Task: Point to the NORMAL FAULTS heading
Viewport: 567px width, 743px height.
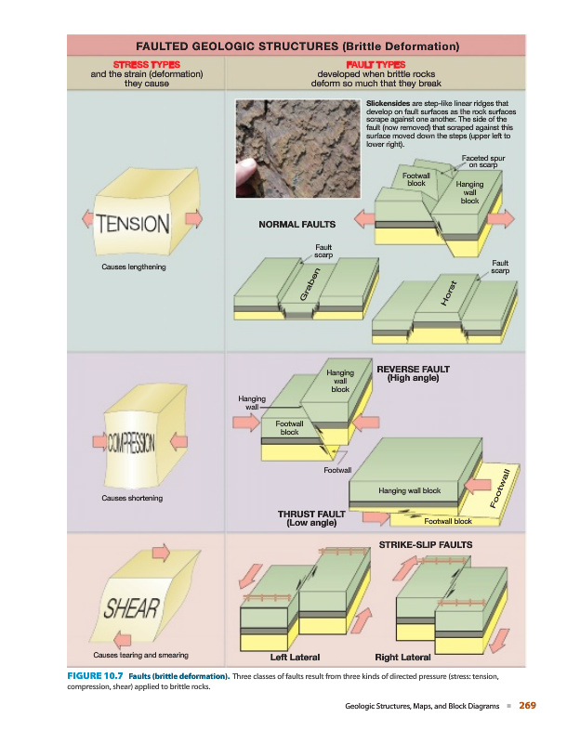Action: pyautogui.click(x=297, y=224)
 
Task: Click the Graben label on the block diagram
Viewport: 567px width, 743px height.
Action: pyautogui.click(x=312, y=283)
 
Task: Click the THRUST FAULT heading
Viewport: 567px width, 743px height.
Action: pyautogui.click(x=311, y=514)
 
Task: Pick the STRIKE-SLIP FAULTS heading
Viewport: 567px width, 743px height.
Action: pyautogui.click(x=427, y=541)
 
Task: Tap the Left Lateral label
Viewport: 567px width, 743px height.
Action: pyautogui.click(x=295, y=657)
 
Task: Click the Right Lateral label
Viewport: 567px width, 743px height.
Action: pyautogui.click(x=402, y=657)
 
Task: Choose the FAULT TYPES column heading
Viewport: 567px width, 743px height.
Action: pyautogui.click(x=375, y=63)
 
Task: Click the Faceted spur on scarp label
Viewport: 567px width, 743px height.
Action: pyautogui.click(x=483, y=163)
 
